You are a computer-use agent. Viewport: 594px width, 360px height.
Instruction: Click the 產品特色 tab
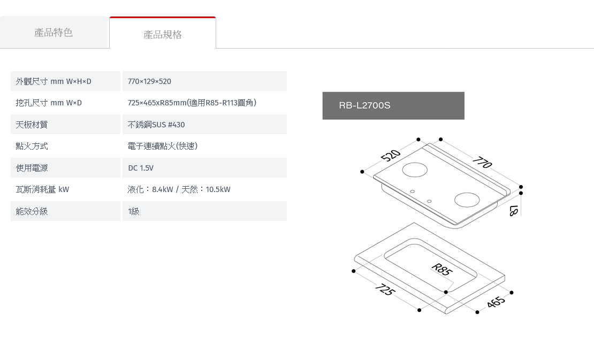pos(54,33)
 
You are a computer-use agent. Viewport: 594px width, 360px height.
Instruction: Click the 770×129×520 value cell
pos(204,81)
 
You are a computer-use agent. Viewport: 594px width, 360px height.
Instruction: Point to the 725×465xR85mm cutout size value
pos(192,103)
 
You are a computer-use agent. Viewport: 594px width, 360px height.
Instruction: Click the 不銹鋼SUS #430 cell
pos(204,125)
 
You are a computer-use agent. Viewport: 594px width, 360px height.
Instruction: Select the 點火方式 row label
pos(32,146)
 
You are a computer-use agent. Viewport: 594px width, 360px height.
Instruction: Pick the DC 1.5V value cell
pos(204,168)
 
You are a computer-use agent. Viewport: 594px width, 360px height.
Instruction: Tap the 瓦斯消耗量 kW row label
pos(42,189)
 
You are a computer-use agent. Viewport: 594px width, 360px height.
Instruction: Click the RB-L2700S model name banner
pos(393,105)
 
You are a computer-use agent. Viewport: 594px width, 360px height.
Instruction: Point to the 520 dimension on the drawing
pos(391,155)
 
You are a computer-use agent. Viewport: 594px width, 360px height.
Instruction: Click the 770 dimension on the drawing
pos(482,162)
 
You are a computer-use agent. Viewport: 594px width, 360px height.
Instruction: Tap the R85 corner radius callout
pos(441,269)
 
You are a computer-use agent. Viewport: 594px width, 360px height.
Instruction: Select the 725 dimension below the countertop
pos(385,289)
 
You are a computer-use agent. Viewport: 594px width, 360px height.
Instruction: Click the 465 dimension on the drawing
pos(496,301)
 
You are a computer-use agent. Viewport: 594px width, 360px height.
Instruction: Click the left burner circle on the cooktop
pos(415,170)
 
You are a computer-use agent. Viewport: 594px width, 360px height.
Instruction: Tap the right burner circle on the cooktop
pos(467,200)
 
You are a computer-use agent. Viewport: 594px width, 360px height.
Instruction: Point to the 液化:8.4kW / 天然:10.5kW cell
pos(179,189)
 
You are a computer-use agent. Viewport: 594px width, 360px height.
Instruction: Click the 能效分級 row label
pos(32,211)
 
